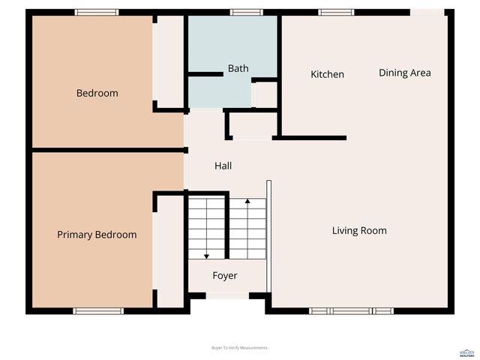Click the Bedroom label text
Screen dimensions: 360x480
97,94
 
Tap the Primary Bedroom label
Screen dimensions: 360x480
97,235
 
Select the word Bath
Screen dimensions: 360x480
238,69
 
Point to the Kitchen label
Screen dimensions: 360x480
327,74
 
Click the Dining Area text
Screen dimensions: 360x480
404,73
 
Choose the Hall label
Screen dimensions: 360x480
223,166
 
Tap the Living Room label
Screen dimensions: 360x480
359,230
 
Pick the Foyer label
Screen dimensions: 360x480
224,276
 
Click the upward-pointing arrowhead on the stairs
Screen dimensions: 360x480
247,202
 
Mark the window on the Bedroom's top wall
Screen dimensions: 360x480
97,12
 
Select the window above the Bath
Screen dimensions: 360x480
246,12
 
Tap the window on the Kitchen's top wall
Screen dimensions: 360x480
336,12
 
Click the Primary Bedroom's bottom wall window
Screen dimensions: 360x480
97,310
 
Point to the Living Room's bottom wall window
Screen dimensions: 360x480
351,310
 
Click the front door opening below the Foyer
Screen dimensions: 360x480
227,296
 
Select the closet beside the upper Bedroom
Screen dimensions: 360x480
169,60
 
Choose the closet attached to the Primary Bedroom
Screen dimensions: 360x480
170,251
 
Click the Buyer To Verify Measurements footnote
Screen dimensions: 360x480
240,348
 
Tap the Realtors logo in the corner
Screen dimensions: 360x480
466,352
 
